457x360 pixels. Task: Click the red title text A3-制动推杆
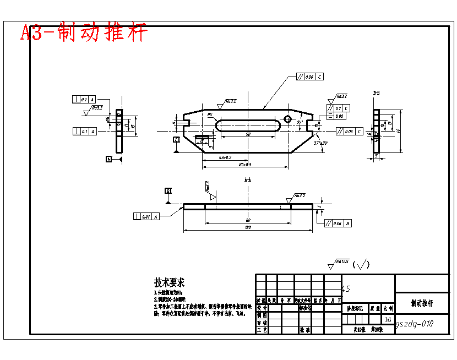(84, 32)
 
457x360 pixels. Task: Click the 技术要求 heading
(169, 282)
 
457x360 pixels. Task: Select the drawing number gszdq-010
(414, 324)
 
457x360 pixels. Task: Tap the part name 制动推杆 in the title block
(422, 303)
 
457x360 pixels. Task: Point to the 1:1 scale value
(388, 319)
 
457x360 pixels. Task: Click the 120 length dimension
(248, 227)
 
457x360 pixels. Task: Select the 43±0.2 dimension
(225, 158)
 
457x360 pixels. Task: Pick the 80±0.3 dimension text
(244, 164)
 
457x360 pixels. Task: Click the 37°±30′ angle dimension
(321, 143)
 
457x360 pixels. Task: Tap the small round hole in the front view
(287, 119)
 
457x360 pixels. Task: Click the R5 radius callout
(210, 115)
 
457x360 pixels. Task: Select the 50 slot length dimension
(248, 134)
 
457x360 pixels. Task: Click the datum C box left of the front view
(176, 140)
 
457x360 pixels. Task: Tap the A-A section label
(248, 180)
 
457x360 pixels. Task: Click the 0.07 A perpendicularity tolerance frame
(146, 216)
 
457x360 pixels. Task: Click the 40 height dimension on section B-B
(398, 130)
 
